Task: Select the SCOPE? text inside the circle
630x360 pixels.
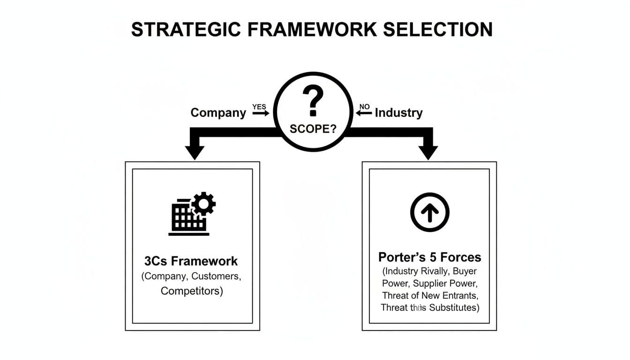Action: [x=313, y=129]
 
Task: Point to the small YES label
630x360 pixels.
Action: [x=259, y=107]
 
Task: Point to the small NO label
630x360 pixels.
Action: [x=364, y=107]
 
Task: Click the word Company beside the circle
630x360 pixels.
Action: [x=218, y=113]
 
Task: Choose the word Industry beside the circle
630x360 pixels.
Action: [x=398, y=113]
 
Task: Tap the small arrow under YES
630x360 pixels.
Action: [x=261, y=113]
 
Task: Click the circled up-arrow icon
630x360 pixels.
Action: [x=430, y=212]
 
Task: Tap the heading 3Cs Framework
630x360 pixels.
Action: [x=191, y=261]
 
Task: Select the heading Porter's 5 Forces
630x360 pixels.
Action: [x=429, y=257]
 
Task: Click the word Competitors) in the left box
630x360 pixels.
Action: [x=192, y=291]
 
